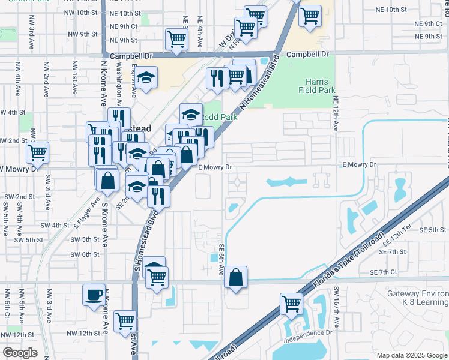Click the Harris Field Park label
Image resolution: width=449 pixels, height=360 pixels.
click(x=316, y=86)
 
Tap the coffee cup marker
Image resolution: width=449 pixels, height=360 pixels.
click(x=94, y=295)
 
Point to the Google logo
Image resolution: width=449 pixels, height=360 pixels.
click(x=20, y=353)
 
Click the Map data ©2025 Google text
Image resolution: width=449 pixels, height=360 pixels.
click(x=411, y=355)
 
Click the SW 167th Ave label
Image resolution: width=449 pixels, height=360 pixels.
click(x=337, y=308)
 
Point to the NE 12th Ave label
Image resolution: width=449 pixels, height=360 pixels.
click(x=336, y=114)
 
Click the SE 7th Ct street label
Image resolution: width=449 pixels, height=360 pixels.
click(x=392, y=273)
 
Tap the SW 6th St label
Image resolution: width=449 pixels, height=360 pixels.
click(x=84, y=254)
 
